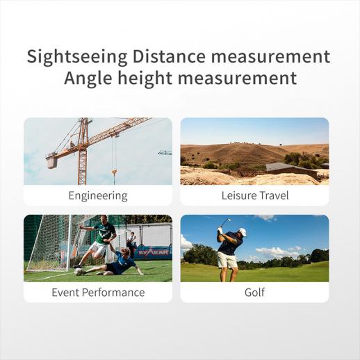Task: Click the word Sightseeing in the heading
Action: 77,56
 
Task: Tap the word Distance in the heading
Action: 169,56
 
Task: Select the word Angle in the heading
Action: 88,78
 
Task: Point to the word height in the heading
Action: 145,78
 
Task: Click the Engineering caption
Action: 98,196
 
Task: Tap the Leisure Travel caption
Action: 255,195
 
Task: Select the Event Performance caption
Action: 98,293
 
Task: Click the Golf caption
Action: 254,293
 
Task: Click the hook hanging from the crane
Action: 114,172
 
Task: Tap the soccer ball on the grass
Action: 79,272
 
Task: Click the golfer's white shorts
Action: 227,260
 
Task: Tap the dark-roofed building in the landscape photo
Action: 291,170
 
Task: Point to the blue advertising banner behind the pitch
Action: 153,252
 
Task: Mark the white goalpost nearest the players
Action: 69,243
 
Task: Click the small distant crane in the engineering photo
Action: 165,152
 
